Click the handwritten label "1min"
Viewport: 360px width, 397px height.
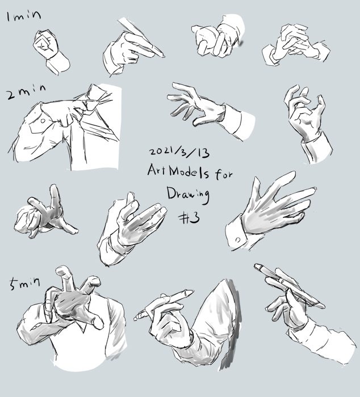click(24, 16)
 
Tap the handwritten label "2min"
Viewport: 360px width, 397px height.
click(26, 92)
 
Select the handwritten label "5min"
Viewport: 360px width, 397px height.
click(24, 284)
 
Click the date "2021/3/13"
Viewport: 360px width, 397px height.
click(179, 152)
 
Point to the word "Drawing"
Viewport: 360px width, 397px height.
click(188, 195)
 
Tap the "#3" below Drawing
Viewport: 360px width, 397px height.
click(190, 218)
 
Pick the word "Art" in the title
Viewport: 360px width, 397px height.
click(157, 170)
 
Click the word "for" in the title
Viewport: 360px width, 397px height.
click(224, 174)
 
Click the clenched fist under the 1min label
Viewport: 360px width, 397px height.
click(45, 44)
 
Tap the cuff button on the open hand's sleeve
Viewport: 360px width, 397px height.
click(238, 239)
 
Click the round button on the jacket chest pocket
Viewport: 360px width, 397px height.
click(43, 121)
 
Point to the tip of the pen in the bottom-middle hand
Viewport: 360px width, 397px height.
click(191, 292)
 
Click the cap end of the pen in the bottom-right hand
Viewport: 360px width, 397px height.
click(257, 266)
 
